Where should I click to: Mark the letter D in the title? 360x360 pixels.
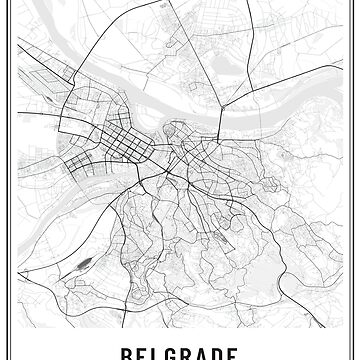[x=231, y=353]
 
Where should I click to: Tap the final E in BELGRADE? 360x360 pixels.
[x=251, y=353]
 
